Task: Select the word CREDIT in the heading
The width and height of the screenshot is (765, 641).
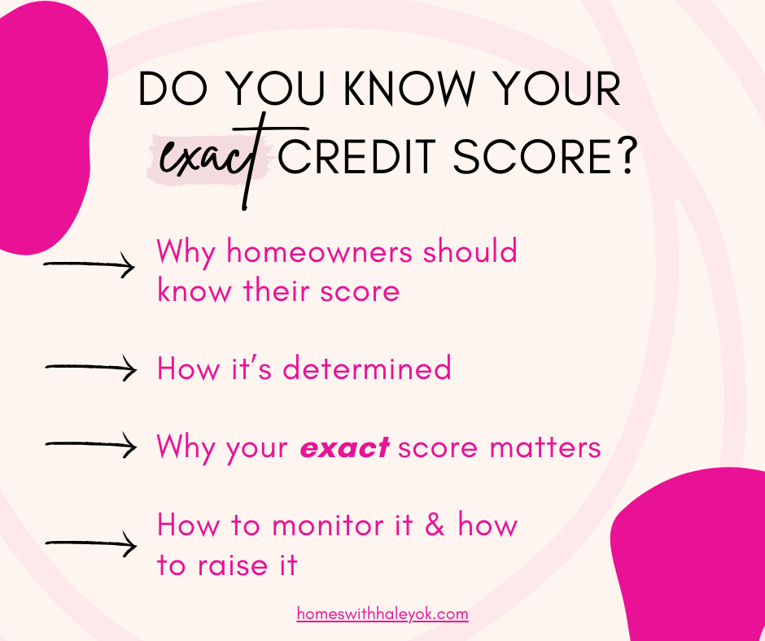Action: coord(356,157)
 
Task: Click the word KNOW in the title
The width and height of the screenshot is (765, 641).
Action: coord(409,89)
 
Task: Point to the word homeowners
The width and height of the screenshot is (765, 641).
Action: coord(320,251)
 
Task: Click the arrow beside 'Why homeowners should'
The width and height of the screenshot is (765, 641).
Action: coord(89,265)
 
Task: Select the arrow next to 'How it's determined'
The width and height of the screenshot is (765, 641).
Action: coord(91,368)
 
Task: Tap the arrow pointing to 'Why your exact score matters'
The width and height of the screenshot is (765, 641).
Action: coord(91,444)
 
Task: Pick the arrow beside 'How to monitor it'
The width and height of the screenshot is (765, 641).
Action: coord(91,543)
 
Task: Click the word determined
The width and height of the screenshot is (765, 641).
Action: coord(367,368)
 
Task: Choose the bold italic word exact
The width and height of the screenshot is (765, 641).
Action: coord(344,448)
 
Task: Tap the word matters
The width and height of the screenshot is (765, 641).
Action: coord(545,447)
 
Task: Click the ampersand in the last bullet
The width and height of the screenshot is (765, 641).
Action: coord(435,525)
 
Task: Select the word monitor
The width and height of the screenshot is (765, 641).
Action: coord(342,525)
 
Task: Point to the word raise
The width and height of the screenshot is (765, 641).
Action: coord(233,565)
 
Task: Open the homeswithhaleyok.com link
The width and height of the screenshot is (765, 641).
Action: coord(382,613)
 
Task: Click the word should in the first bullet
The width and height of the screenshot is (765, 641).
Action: coord(470,251)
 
